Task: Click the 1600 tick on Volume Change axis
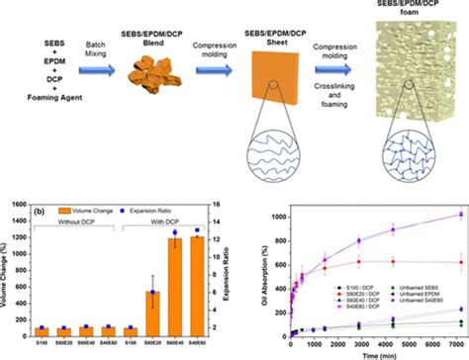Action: click(24, 203)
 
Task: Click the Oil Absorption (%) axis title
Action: click(253, 269)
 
